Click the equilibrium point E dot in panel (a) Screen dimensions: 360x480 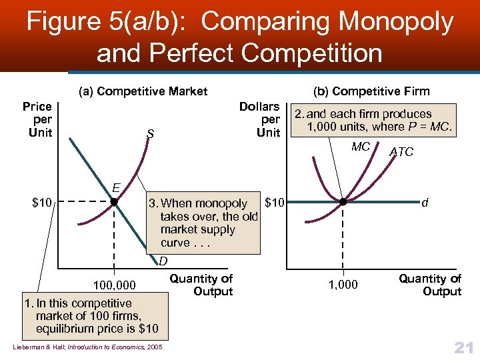[x=114, y=201]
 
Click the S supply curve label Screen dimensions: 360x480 [x=150, y=134]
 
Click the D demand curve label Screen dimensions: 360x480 [x=162, y=261]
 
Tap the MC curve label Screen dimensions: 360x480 [x=361, y=147]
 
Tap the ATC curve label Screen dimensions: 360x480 [x=401, y=152]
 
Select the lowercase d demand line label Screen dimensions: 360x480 [x=424, y=201]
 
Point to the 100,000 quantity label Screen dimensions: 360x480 [x=114, y=286]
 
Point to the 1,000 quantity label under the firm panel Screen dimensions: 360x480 [x=343, y=285]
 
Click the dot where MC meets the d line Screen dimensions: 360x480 [x=343, y=201]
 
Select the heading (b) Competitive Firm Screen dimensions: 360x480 [x=381, y=91]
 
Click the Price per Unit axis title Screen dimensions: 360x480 [x=37, y=119]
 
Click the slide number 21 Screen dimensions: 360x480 [x=463, y=347]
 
